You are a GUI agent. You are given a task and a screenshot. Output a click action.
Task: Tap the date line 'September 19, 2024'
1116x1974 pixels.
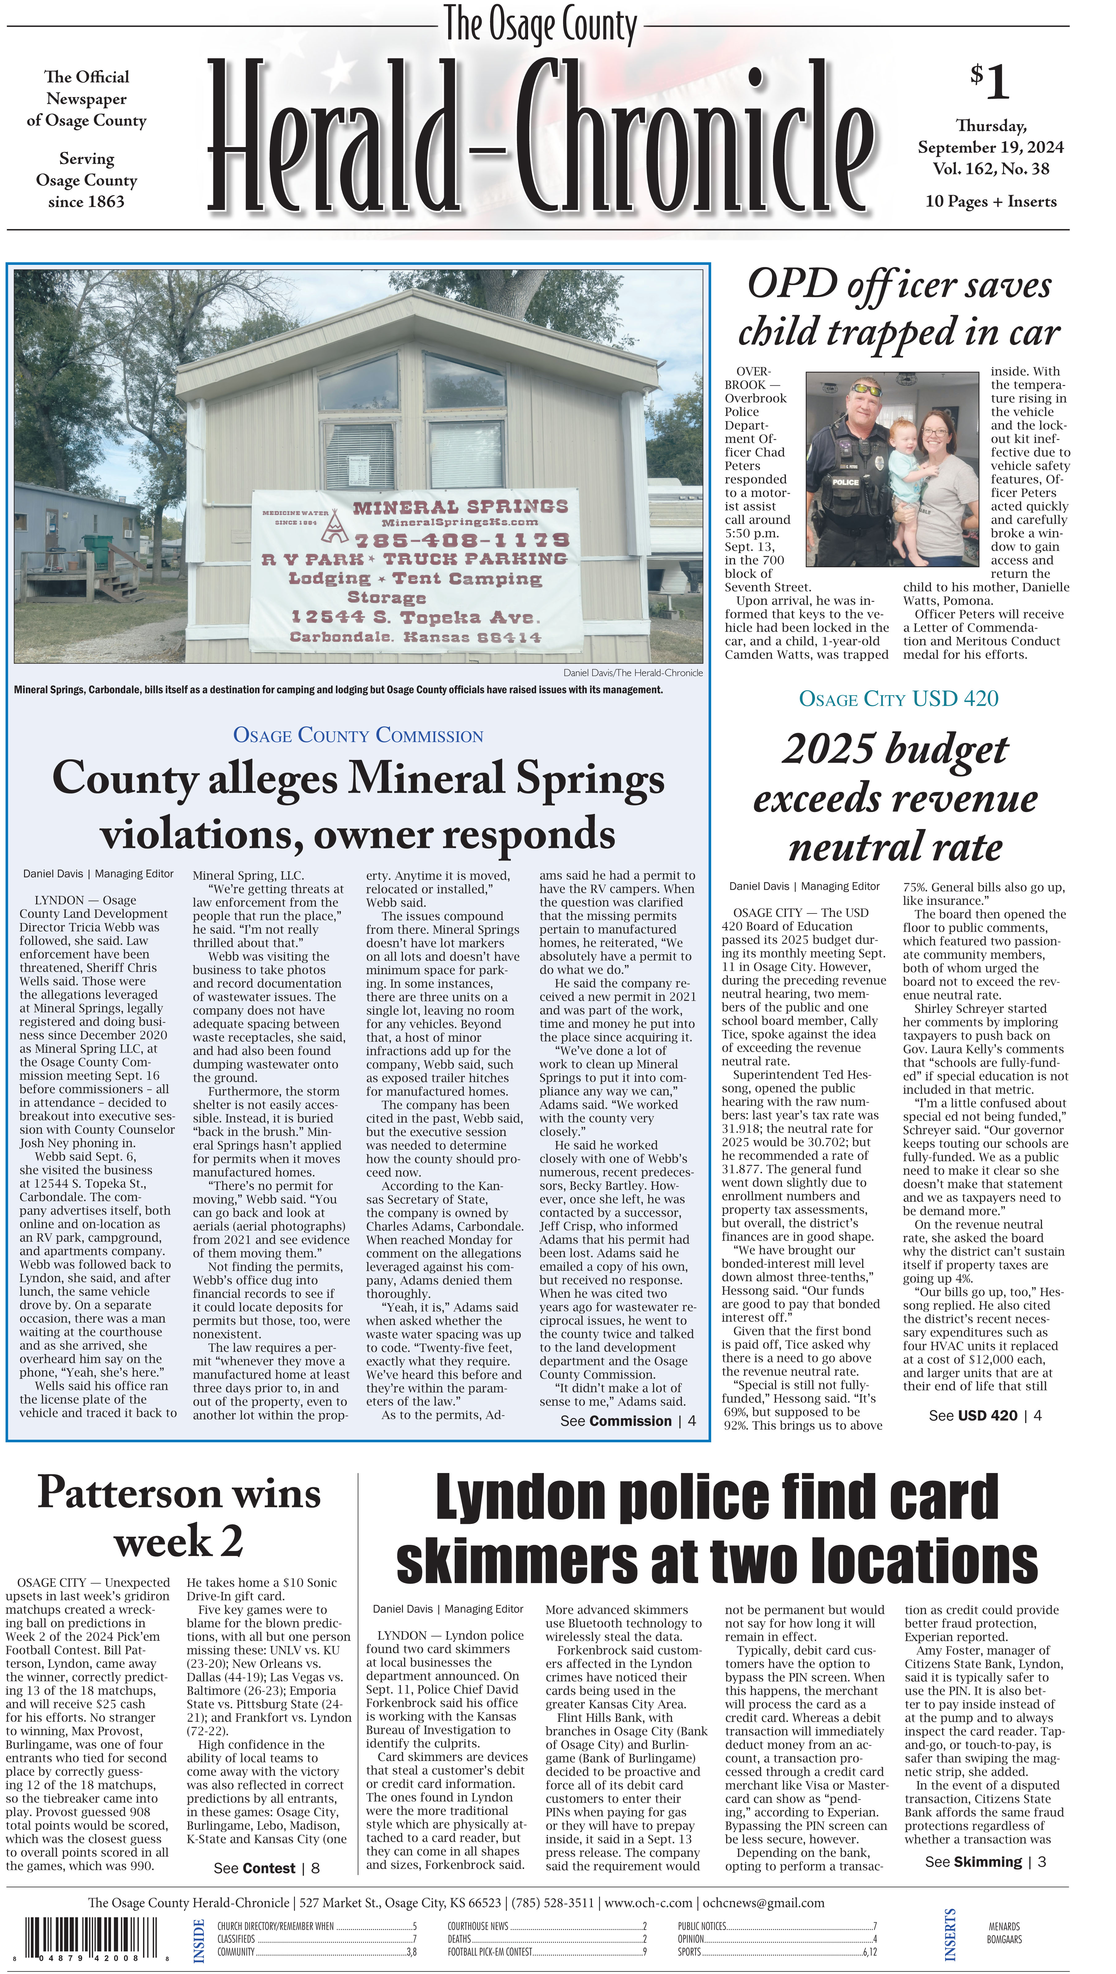coord(990,147)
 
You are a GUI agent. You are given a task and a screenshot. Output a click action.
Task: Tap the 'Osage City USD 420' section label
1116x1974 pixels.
coord(898,699)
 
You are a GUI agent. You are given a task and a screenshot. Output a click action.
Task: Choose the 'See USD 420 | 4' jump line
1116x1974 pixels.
coord(984,1415)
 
